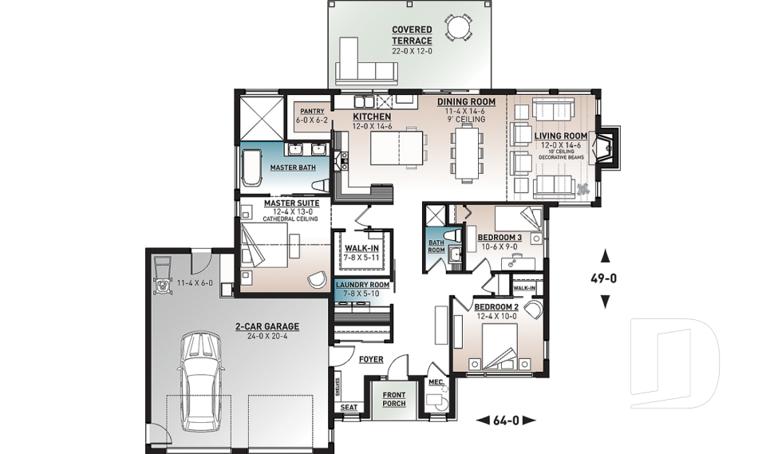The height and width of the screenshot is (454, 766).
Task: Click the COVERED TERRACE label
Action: pos(412,35)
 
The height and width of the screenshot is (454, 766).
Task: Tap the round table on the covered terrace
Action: pos(458,29)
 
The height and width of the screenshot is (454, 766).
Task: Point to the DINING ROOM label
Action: pos(466,102)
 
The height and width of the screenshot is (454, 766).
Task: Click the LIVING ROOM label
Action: pos(560,136)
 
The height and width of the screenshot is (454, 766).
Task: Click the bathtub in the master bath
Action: pos(253,170)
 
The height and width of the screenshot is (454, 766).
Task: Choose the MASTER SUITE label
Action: pos(291,203)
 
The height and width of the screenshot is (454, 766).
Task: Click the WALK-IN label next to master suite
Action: pos(361,249)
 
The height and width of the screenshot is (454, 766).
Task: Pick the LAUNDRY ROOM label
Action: pos(362,285)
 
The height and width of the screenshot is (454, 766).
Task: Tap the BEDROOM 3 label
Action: pos(499,238)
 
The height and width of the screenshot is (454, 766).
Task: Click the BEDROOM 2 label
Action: pos(496,307)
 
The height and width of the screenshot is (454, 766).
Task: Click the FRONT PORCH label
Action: pos(393,399)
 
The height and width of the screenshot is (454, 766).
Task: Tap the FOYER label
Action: pos(370,360)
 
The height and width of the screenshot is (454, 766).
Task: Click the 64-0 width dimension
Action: pos(506,420)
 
